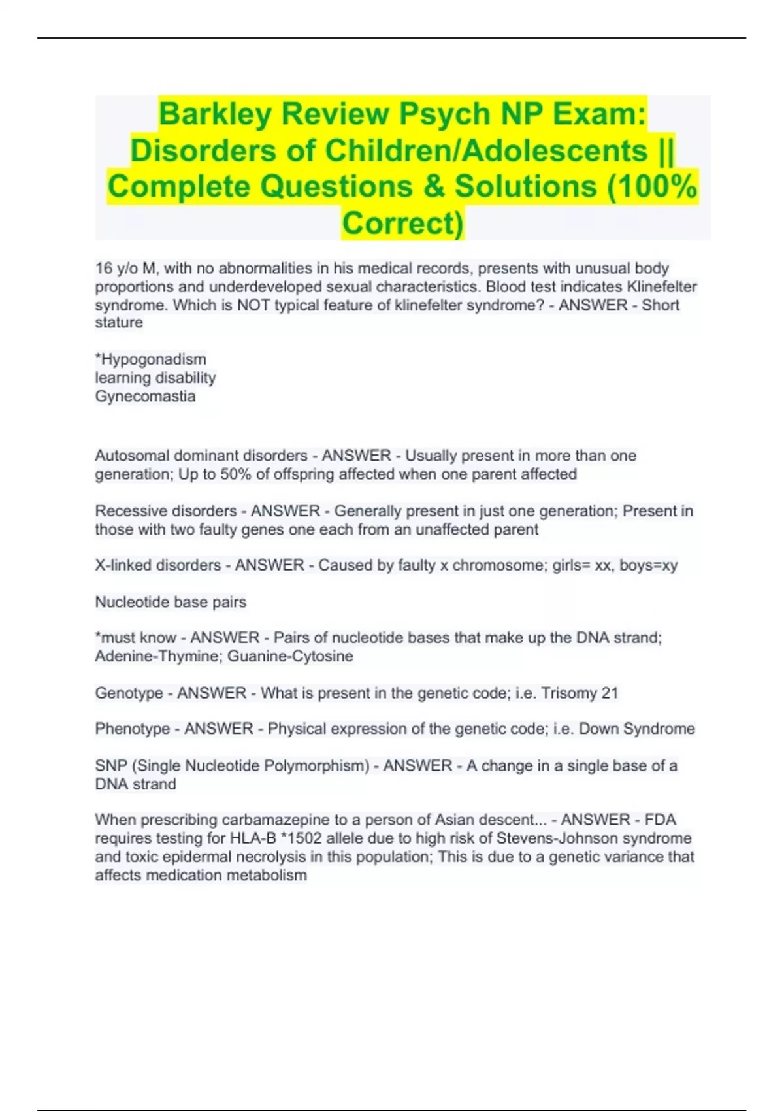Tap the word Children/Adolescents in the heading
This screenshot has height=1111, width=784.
pos(486,151)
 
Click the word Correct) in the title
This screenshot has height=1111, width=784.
pos(402,223)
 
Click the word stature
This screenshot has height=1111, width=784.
pos(119,323)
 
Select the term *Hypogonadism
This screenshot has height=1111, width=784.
pos(151,359)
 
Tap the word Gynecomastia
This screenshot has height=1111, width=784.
pos(145,396)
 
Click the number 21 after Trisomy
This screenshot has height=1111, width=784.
pos(610,693)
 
